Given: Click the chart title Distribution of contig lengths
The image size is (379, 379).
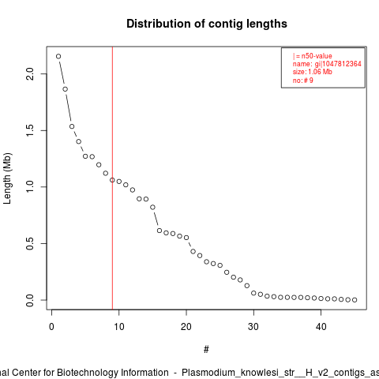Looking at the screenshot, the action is pyautogui.click(x=207, y=24).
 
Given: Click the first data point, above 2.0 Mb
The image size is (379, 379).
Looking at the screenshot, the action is pyautogui.click(x=58, y=56).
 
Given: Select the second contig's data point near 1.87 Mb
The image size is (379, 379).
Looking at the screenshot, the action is pyautogui.click(x=66, y=89).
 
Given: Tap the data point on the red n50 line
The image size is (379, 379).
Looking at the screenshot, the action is pyautogui.click(x=112, y=180).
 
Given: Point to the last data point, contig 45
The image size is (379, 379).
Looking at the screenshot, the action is pyautogui.click(x=355, y=300).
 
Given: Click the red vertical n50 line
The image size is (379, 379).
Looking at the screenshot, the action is pyautogui.click(x=112, y=178).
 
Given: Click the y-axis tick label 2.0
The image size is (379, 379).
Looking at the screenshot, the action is pyautogui.click(x=30, y=73).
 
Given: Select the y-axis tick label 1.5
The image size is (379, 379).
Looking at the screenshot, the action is pyautogui.click(x=30, y=130).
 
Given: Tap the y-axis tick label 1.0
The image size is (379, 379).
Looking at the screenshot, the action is pyautogui.click(x=30, y=187).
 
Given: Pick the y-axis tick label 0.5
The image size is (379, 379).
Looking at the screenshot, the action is pyautogui.click(x=30, y=243).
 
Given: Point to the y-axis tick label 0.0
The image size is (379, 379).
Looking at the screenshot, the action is pyautogui.click(x=30, y=300).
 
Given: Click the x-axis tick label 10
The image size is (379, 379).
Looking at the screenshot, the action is pyautogui.click(x=119, y=327).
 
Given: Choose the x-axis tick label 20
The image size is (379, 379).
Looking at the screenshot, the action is pyautogui.click(x=186, y=327).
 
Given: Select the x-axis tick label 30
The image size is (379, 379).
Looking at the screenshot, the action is pyautogui.click(x=253, y=327).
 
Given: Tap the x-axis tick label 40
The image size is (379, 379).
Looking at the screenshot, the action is pyautogui.click(x=321, y=327).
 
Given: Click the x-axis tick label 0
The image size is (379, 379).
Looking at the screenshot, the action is pyautogui.click(x=51, y=327).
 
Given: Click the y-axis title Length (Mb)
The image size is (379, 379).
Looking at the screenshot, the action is pyautogui.click(x=7, y=178).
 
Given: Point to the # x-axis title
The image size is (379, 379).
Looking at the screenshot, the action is pyautogui.click(x=206, y=350).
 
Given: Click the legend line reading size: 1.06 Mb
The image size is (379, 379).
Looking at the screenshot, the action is pyautogui.click(x=313, y=72).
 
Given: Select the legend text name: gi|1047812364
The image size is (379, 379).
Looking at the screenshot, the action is pyautogui.click(x=327, y=64).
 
